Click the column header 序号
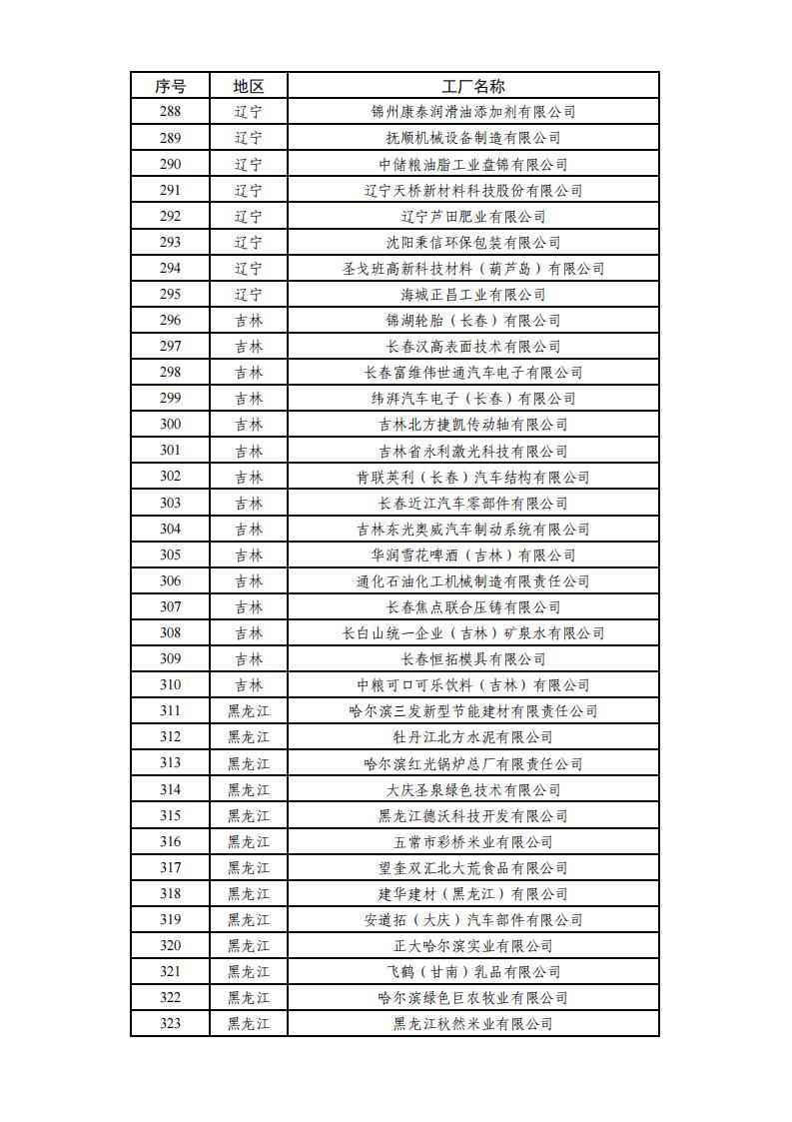point(170,86)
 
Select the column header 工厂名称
point(473,86)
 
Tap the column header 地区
point(249,86)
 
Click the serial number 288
point(170,112)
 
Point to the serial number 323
point(170,1024)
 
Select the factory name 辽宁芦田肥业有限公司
point(473,216)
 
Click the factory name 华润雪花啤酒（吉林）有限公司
point(473,555)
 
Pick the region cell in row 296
point(249,321)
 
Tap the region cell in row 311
point(249,711)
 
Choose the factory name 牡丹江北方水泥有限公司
point(473,737)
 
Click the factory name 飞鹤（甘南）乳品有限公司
point(473,972)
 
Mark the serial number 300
point(170,425)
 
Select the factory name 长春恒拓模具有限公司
point(473,659)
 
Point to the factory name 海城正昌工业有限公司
point(473,295)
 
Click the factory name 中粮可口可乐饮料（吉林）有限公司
point(473,685)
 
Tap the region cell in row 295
point(249,295)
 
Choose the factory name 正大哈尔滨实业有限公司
point(473,946)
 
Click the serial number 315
point(170,815)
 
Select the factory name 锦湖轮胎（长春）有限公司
point(473,321)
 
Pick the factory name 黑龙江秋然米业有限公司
point(473,1024)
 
